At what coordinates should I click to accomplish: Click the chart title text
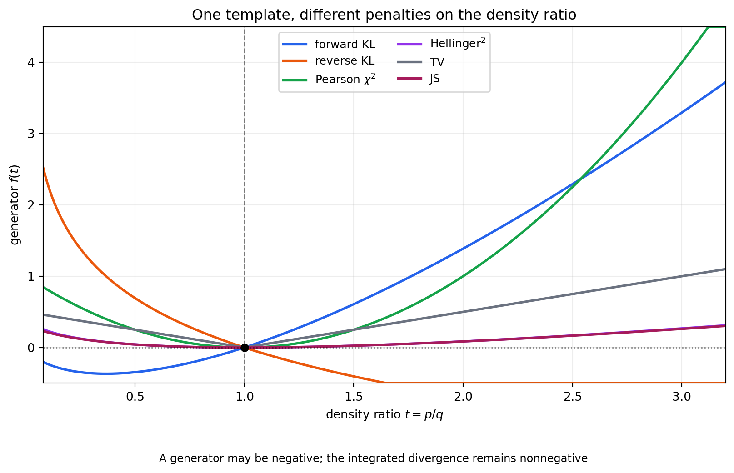click(x=384, y=15)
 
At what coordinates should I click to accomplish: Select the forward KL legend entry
click(x=329, y=45)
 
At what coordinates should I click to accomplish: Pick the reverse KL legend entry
click(x=328, y=61)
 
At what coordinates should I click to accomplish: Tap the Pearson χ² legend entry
click(x=329, y=79)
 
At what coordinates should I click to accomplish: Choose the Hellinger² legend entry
click(x=441, y=43)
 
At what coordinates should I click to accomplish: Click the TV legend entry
click(x=421, y=62)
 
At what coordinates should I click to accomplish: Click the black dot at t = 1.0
click(x=245, y=348)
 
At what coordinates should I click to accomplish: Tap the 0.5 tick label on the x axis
click(x=135, y=397)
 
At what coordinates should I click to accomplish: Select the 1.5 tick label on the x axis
click(x=354, y=397)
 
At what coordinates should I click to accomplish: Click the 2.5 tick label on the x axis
click(x=573, y=397)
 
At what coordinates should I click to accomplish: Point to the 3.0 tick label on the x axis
click(x=682, y=397)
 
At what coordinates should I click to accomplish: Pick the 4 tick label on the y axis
click(x=31, y=62)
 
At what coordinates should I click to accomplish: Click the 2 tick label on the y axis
click(x=31, y=205)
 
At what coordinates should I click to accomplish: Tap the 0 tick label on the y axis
click(x=31, y=348)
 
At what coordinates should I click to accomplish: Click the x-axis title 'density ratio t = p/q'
click(x=384, y=415)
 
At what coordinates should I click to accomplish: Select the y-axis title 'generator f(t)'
click(x=15, y=205)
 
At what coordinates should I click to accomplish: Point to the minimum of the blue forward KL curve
click(x=106, y=373)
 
